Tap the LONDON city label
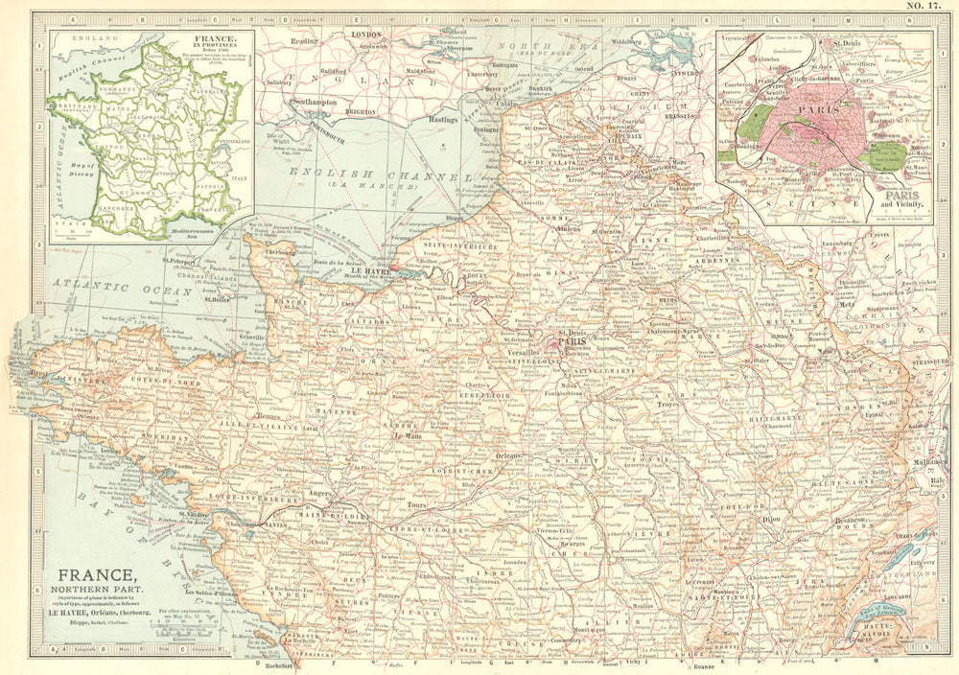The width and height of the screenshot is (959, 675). [368, 34]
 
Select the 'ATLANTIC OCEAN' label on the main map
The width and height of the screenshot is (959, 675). [105, 285]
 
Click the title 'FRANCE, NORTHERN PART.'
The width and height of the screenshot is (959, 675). [92, 584]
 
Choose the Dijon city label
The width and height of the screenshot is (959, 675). [772, 518]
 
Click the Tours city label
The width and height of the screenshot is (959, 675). [416, 504]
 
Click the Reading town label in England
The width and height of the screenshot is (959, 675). [304, 41]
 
